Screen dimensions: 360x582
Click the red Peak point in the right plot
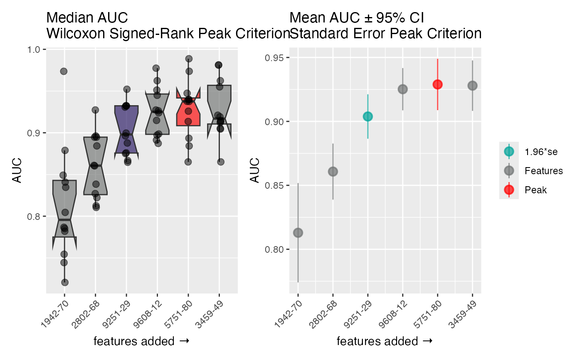[437, 84]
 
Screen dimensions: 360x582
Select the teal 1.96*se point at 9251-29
[367, 116]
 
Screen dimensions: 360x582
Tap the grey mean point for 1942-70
[298, 232]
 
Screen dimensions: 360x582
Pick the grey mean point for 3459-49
[472, 86]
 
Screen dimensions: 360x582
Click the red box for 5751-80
[188, 112]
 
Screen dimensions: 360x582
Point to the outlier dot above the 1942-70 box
[64, 71]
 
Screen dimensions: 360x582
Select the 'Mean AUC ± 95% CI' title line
[357, 18]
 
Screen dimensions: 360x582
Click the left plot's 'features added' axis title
[141, 341]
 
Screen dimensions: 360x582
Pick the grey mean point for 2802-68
[333, 171]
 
